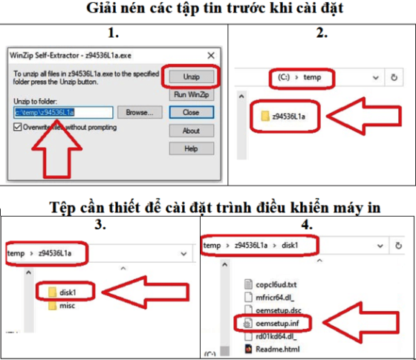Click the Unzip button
[x=192, y=76]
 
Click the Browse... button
[x=140, y=112]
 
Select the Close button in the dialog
[x=192, y=112]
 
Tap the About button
[x=192, y=131]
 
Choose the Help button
[x=192, y=148]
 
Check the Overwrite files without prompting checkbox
[x=18, y=127]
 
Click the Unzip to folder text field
[x=63, y=112]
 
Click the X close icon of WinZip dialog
[x=211, y=56]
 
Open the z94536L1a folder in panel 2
[x=283, y=116]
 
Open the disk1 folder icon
[x=52, y=292]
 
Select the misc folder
[x=62, y=306]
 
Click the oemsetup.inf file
[x=272, y=324]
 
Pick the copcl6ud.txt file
[x=270, y=284]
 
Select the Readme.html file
[x=272, y=349]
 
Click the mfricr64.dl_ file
[x=269, y=298]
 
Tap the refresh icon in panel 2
[x=394, y=77]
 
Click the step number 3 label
[x=100, y=224]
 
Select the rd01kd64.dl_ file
[x=270, y=336]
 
